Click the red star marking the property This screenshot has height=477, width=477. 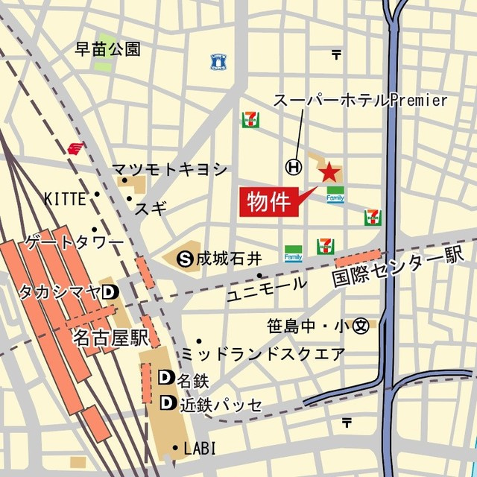[328, 174]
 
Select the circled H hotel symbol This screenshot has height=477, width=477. [295, 168]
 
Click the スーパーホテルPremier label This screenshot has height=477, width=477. [360, 100]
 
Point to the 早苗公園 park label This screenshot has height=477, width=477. [108, 50]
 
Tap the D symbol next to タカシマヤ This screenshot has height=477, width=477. [109, 291]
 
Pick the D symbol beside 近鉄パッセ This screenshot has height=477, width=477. [166, 404]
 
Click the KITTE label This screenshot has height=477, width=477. [65, 198]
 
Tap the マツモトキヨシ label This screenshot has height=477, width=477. [170, 169]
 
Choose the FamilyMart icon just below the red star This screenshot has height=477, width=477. [335, 195]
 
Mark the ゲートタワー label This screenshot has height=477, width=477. [75, 244]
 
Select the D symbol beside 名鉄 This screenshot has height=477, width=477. [166, 379]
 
